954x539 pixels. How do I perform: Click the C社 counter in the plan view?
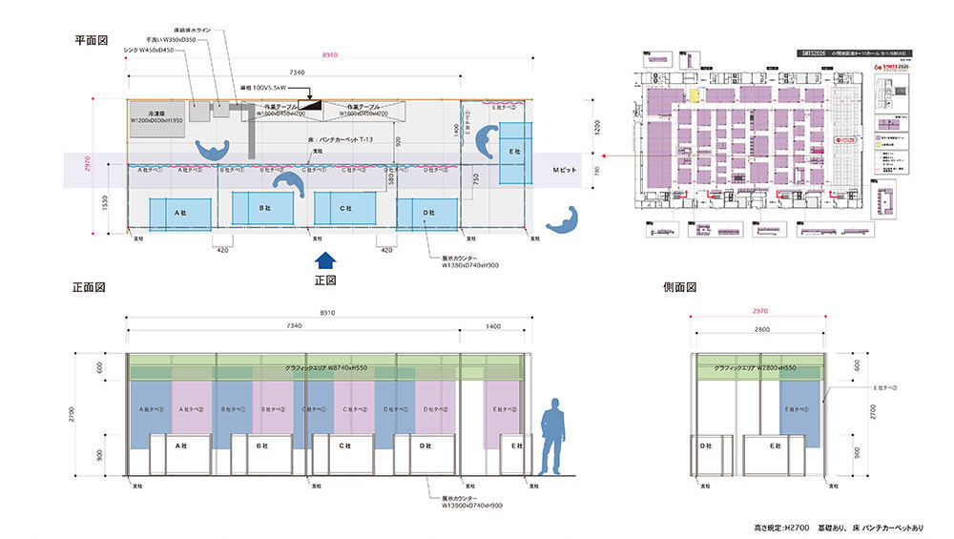point(346,208)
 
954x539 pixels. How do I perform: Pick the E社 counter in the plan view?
point(512,153)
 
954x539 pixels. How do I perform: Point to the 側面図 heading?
point(680,287)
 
